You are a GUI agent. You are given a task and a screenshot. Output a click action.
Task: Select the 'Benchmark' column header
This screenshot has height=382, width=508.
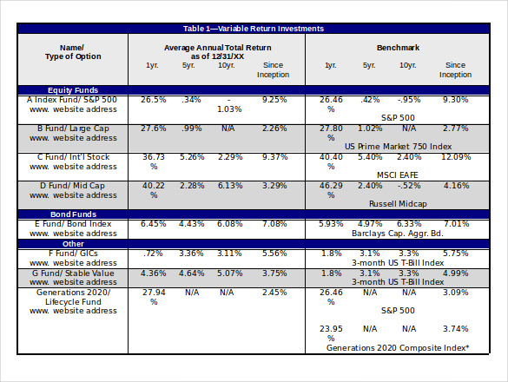tap(398, 46)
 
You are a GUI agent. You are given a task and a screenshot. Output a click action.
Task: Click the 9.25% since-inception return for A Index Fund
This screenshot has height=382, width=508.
tap(274, 100)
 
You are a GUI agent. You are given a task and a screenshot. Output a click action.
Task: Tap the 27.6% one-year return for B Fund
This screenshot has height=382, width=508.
tap(153, 128)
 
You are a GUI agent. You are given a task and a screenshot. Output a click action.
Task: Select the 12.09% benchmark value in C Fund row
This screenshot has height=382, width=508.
tap(455, 157)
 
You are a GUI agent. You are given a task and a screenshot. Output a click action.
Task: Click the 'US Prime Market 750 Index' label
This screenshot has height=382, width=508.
tap(398, 147)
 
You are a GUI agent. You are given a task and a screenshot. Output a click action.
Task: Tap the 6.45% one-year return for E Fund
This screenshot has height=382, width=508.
tap(153, 224)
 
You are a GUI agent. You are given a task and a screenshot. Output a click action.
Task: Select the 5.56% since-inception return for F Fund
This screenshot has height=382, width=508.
tap(274, 253)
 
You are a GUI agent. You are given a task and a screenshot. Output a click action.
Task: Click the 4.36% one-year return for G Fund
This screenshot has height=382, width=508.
tap(153, 273)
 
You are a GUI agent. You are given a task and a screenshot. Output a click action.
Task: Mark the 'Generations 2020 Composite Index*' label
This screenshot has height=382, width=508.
tap(398, 347)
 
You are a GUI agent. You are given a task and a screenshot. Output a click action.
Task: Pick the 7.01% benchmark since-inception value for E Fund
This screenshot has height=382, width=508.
tap(455, 224)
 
